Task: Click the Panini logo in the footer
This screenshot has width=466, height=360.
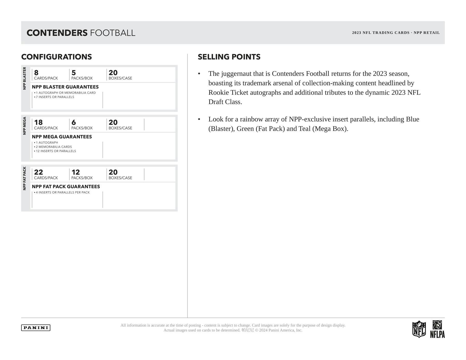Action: point(36,328)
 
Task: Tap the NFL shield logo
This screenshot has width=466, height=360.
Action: point(419,329)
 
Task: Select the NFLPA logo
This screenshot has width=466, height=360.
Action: point(437,329)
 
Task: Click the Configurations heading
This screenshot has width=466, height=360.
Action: point(56,57)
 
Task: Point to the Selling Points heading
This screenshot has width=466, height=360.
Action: point(229,57)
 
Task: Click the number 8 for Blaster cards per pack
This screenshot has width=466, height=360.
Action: point(36,73)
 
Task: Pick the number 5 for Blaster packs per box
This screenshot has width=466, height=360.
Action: point(74,73)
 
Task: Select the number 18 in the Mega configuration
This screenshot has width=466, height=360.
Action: point(38,122)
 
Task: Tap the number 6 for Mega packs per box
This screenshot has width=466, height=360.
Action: point(74,122)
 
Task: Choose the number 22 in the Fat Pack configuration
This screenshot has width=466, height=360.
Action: point(39,172)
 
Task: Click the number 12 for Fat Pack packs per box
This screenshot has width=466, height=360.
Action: point(76,172)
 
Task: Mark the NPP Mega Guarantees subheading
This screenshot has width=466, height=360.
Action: point(62,137)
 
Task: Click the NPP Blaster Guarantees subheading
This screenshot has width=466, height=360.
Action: point(65,87)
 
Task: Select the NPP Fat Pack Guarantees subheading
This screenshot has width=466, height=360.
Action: point(66,187)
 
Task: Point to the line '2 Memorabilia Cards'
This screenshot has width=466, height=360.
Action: point(54,147)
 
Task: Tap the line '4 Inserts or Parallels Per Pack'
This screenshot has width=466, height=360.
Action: point(63,193)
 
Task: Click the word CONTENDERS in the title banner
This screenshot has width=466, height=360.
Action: point(57,33)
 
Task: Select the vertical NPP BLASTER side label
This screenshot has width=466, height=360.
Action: point(25,78)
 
